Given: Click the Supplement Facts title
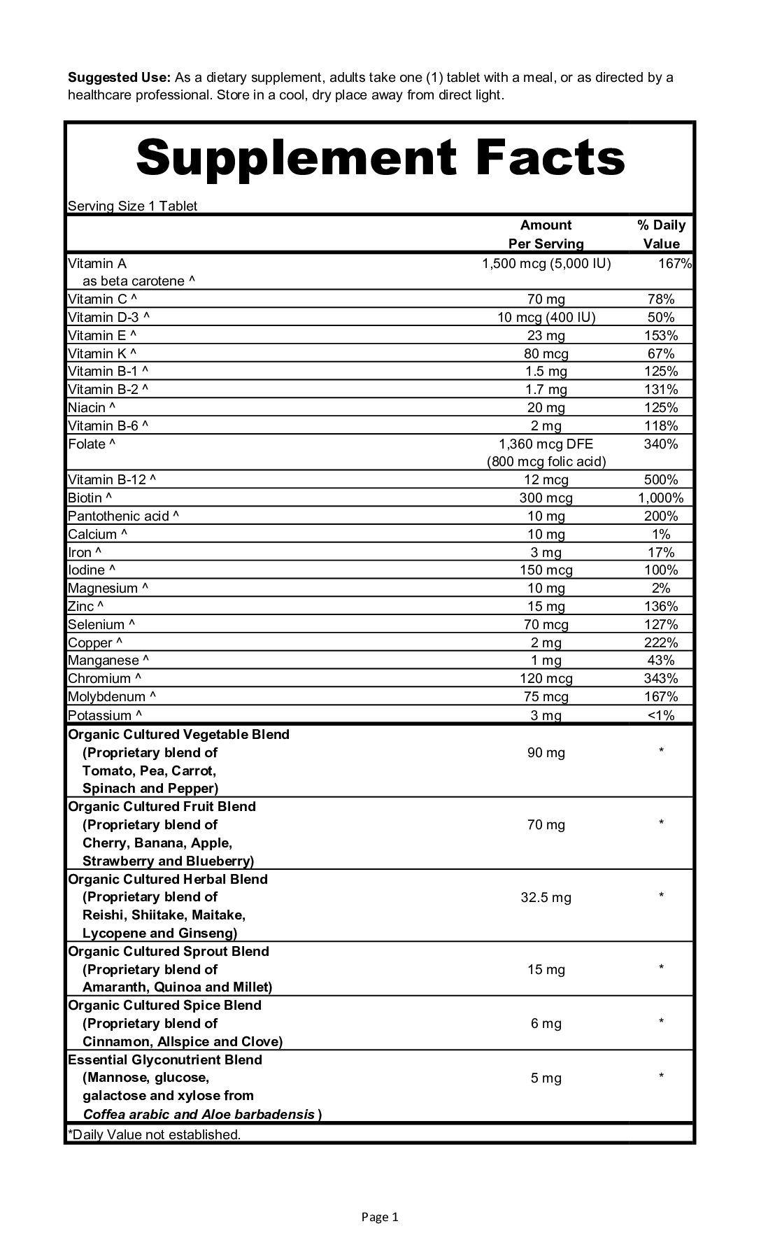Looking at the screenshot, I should coord(380,157).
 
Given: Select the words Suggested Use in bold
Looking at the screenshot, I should coord(119,77).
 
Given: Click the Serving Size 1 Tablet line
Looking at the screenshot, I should coord(133,206).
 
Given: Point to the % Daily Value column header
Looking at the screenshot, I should coord(661,234).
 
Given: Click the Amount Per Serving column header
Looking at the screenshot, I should coord(546,234).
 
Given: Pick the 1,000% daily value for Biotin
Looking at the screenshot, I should coord(661,498).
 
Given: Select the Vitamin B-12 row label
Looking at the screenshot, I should coord(112,479).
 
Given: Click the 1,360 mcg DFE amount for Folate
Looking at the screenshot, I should coord(546,444).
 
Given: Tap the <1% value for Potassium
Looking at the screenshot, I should coord(661,715).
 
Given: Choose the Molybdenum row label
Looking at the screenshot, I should coord(112,696).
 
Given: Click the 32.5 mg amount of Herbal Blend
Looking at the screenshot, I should coord(546,897).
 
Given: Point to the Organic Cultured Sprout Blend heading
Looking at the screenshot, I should coord(169,951).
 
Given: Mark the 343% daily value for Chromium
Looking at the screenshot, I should coord(661,678).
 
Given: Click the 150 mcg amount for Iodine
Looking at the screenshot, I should coord(546,570).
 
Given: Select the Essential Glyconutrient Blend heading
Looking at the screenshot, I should coord(165,1059).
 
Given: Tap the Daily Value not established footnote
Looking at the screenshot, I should coord(154,1134).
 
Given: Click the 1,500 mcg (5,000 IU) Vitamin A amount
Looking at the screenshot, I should coord(546,263).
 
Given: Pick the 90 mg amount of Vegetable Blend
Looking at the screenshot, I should coord(546,752).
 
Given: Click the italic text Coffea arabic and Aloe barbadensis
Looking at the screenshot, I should coord(199,1114).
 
